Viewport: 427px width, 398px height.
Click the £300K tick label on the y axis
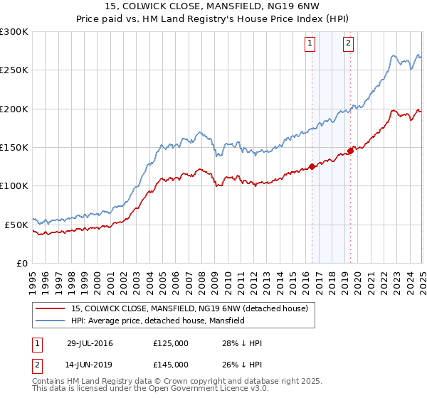14,32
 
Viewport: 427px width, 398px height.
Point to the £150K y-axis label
14,148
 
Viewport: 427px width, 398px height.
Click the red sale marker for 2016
312,167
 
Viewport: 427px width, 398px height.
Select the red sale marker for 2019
350,151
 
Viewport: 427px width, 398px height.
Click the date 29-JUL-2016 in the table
90,344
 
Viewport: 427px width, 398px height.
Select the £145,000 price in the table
171,365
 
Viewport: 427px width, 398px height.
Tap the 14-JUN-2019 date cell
90,365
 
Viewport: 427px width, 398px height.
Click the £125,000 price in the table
171,344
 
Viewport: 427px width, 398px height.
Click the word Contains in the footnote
49,382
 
